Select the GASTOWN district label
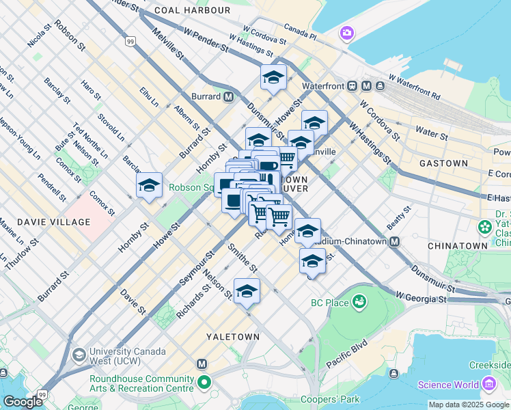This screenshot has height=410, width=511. (x=443, y=164)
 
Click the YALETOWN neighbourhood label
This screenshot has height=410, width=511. (x=233, y=337)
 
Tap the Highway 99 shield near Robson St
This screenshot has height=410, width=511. (x=130, y=42)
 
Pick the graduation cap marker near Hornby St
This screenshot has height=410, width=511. (x=149, y=186)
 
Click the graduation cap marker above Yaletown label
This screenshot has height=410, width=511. (x=247, y=292)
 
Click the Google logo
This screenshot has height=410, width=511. (x=23, y=402)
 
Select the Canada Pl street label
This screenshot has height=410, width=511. (x=300, y=31)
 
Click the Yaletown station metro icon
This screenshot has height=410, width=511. (x=202, y=364)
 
